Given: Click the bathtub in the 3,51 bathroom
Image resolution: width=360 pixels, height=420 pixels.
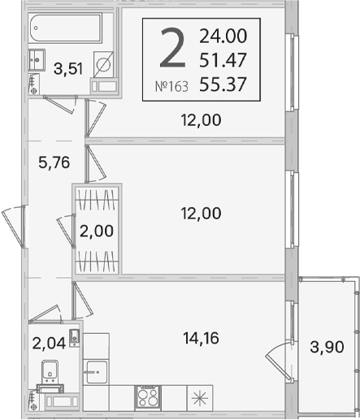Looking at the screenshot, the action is point(65,28).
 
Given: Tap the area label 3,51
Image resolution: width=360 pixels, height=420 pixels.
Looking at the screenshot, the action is point(68,68).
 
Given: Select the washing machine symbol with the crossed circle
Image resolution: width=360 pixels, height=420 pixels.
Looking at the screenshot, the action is point(103,64).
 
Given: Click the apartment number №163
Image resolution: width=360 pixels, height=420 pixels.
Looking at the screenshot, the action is point(171,87).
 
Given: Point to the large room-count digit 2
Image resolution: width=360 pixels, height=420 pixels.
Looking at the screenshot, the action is point(173,48).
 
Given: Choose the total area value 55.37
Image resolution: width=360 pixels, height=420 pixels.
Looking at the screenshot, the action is point(223,84).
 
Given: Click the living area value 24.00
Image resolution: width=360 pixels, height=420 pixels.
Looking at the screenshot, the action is point(223,36).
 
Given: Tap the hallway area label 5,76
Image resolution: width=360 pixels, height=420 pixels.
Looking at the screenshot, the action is point(54,162).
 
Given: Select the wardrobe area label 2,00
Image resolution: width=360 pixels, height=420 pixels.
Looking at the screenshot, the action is point(97,231).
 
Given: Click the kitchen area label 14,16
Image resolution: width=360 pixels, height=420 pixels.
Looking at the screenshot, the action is point(201,338).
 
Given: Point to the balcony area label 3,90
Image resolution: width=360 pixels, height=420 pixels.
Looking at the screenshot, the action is point(327,347).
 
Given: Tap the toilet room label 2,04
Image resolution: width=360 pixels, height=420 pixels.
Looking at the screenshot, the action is point(49,344).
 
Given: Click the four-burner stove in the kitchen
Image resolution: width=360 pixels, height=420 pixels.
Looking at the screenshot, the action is point(148,397).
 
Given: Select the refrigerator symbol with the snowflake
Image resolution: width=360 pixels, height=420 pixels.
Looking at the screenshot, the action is point(200,398).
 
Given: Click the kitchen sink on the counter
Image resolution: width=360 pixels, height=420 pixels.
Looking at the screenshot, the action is point(96,372).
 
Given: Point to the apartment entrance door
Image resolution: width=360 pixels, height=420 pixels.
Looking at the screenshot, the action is point(14,227).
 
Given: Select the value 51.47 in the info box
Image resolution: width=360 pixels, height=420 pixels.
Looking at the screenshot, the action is point(223,60).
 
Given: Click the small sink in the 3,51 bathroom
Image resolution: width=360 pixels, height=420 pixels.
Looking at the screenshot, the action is point(37,60).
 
